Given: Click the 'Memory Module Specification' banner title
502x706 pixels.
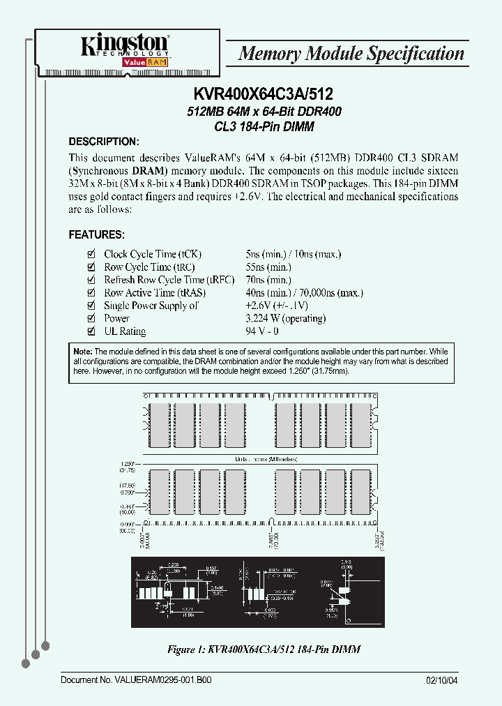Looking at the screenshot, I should [351, 54].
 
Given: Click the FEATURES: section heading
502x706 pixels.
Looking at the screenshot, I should [96, 234].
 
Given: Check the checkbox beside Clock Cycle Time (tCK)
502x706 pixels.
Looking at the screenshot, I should [90, 255].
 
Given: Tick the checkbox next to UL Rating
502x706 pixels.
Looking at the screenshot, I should [90, 331].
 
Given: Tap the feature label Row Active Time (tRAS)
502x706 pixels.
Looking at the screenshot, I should [149, 293].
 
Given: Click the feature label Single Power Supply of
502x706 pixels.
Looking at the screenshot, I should [151, 306].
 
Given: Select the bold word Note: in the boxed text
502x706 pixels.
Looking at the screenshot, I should [82, 352].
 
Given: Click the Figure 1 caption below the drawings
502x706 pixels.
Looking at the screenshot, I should [264, 649].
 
